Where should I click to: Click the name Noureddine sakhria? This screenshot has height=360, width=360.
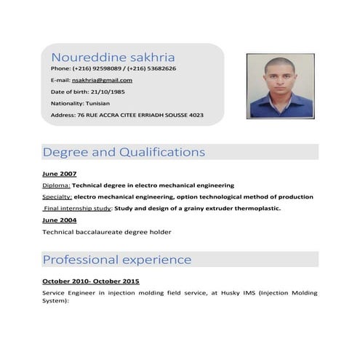point(113,57)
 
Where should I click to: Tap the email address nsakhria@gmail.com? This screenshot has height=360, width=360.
point(102,80)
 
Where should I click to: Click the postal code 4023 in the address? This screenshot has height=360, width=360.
point(196,115)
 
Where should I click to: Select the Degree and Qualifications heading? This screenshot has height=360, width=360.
point(124,153)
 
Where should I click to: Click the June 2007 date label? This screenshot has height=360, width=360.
point(60,174)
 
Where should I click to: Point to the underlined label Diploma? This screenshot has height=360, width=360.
point(56,185)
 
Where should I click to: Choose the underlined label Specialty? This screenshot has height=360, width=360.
point(57,197)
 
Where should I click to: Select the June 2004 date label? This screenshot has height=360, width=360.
point(60,220)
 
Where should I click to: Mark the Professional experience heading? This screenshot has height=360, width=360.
point(117,260)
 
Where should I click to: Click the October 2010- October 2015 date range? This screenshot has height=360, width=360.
point(91,281)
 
